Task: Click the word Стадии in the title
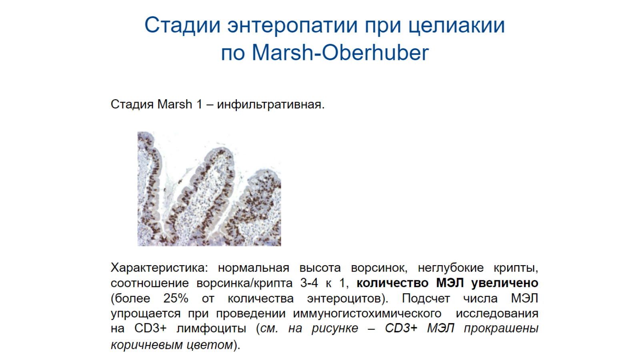click(182, 26)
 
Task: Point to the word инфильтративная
click(270, 105)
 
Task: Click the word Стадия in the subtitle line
click(132, 104)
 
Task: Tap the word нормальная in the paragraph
click(254, 268)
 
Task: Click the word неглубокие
click(450, 268)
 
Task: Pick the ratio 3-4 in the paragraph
click(309, 283)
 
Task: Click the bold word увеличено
click(505, 283)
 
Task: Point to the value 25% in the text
click(176, 298)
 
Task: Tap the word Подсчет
click(426, 298)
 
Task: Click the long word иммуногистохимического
click(367, 314)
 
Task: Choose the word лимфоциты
click(211, 328)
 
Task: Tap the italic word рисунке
click(334, 328)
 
